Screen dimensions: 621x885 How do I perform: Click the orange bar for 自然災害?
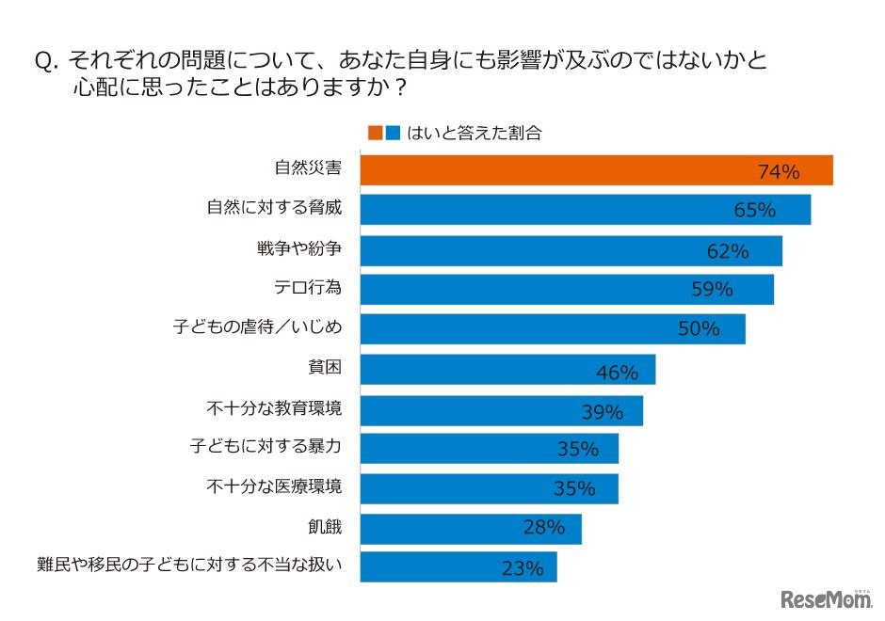click(x=596, y=170)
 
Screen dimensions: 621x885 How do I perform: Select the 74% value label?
click(x=778, y=171)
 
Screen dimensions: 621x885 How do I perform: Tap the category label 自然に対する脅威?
click(x=273, y=208)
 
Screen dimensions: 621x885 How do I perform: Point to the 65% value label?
click(x=754, y=211)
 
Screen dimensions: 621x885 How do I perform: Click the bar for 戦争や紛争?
click(x=571, y=250)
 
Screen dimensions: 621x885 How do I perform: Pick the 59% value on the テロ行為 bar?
click(x=712, y=290)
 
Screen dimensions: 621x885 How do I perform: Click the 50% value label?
click(x=699, y=329)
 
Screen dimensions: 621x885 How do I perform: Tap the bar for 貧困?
click(x=507, y=370)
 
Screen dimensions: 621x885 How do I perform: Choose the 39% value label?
click(x=603, y=411)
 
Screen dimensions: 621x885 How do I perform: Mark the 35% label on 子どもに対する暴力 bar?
click(x=577, y=450)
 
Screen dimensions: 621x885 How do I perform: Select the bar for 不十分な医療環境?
click(x=489, y=488)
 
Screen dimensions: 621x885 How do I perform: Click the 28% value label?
click(x=543, y=529)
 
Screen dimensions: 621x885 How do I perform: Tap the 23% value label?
click(x=523, y=568)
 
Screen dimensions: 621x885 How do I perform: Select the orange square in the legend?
click(x=375, y=133)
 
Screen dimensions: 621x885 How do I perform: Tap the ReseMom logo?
click(x=825, y=598)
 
